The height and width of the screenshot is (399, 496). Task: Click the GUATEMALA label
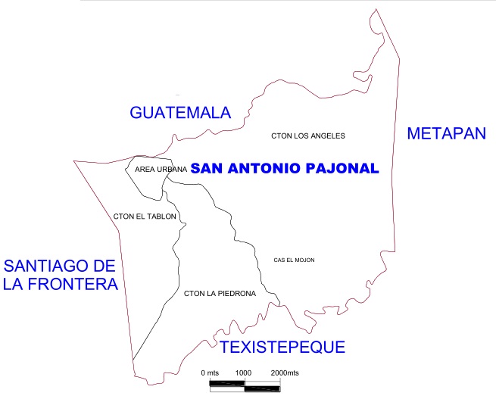tap(180, 113)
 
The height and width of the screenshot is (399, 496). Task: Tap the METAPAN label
tap(445, 134)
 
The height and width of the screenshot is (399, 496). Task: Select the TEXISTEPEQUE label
tap(282, 348)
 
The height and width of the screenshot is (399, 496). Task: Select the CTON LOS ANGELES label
tap(308, 136)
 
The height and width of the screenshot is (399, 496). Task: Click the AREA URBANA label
tap(161, 170)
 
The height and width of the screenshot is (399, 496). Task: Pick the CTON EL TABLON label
tap(145, 217)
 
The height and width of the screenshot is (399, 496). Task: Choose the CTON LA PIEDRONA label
tap(220, 293)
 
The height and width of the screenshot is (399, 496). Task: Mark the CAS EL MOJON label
tap(294, 260)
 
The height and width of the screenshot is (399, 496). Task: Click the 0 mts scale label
tap(209, 374)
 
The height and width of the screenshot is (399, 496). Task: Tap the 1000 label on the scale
tap(243, 374)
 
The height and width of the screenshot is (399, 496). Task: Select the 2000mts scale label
tap(285, 374)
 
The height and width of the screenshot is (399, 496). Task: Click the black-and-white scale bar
tap(245, 385)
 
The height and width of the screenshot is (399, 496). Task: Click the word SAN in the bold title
tap(207, 169)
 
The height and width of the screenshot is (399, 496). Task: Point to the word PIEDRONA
tap(236, 293)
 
